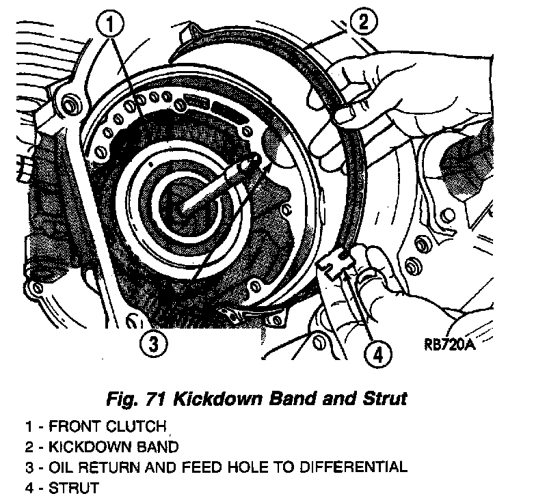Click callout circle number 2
(x=362, y=23)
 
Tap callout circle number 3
(x=155, y=343)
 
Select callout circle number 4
(x=377, y=354)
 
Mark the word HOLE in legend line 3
(x=245, y=468)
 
